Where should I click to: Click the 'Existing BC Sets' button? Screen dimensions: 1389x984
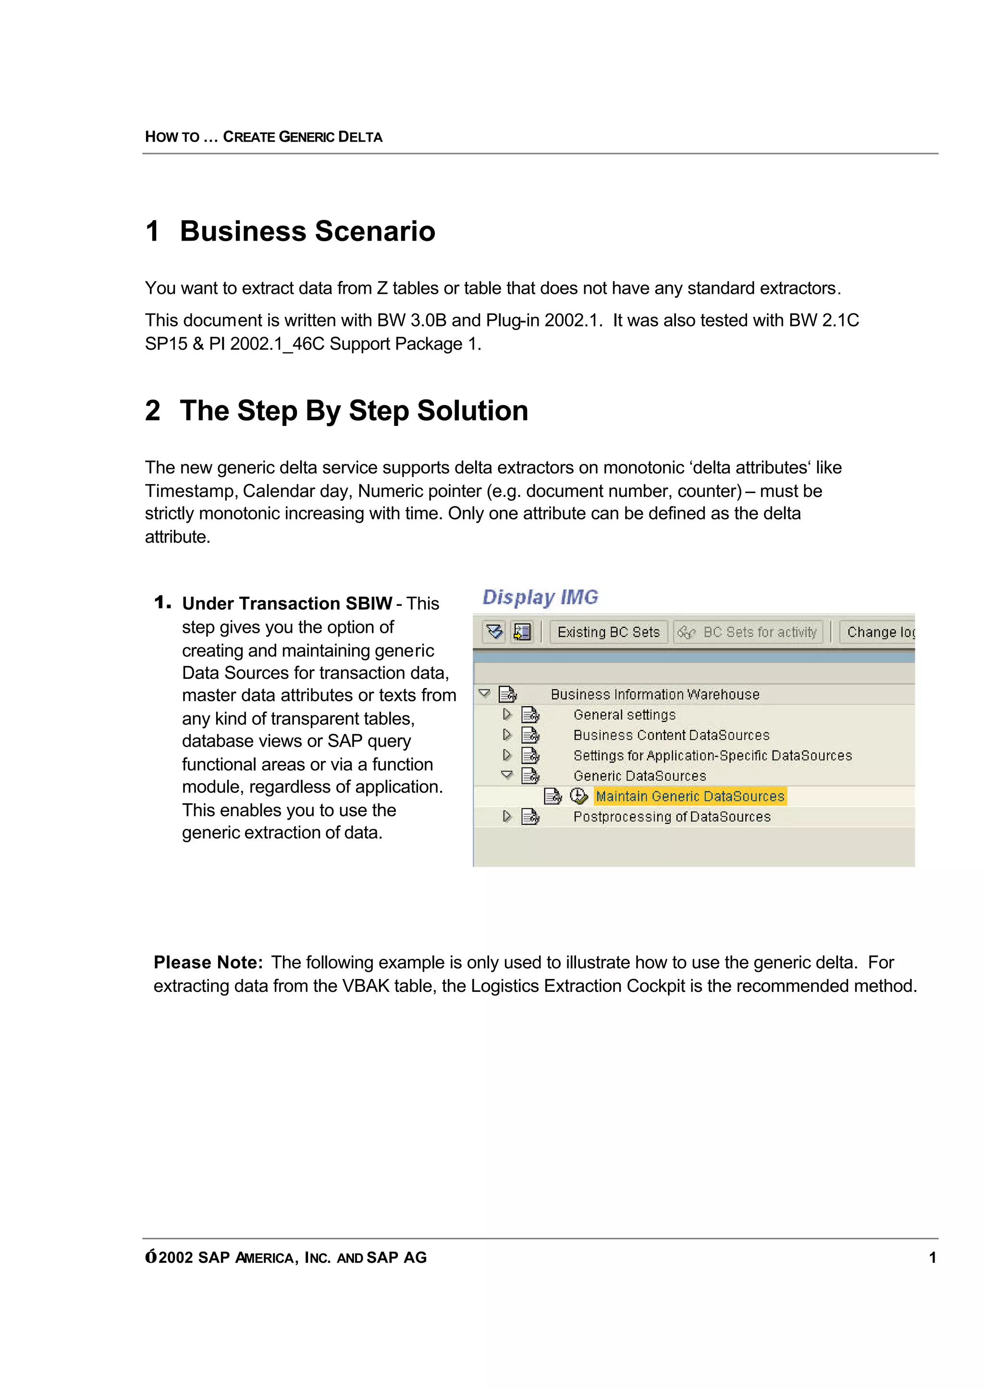pos(608,632)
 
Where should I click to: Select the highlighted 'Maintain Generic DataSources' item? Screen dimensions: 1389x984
pos(689,796)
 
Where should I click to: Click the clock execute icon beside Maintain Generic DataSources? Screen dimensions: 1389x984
pos(578,796)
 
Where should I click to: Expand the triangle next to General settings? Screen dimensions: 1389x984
pos(506,714)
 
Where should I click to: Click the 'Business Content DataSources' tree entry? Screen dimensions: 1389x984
pos(671,735)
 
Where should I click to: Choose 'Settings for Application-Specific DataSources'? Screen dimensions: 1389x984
pos(712,756)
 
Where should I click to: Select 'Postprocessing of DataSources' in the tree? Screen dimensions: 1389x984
pos(671,817)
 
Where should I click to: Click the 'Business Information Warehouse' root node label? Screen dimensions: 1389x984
pos(654,694)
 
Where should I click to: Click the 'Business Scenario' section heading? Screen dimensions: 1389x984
pos(307,231)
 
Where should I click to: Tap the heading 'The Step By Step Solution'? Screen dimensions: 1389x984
pos(353,411)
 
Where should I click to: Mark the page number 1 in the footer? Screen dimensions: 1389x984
pos(933,1257)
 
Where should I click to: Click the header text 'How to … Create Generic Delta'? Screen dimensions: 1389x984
pos(264,137)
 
